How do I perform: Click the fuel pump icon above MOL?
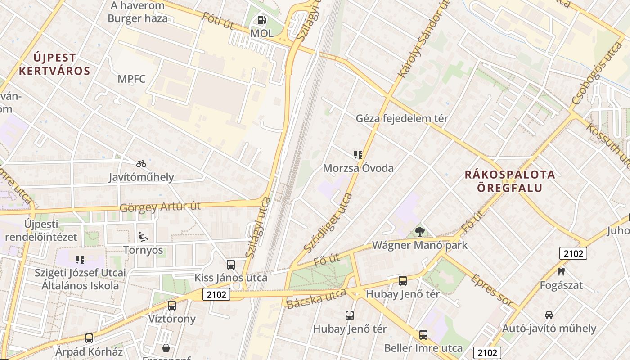point(261,20)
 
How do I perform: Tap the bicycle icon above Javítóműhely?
point(141,164)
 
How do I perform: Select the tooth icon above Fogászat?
point(561,271)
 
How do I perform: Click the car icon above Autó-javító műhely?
point(549,315)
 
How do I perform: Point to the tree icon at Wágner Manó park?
point(420,232)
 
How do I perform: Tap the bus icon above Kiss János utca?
point(231,264)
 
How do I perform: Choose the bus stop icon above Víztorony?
point(172,306)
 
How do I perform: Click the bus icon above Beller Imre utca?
point(423,334)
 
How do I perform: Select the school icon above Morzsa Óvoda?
point(358,155)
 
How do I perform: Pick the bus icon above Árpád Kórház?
point(89,338)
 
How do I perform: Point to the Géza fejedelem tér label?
point(402,119)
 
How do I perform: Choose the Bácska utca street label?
point(316,298)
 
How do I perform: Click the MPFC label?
point(131,79)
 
